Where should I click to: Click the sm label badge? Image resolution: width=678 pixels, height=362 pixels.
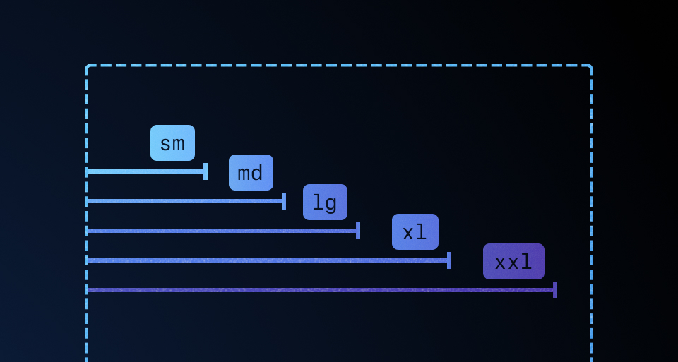tap(172, 143)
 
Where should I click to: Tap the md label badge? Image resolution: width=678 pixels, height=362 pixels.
tap(251, 173)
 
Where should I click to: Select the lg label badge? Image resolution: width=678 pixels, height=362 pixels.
tap(325, 203)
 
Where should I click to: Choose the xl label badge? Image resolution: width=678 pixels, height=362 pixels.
tap(415, 232)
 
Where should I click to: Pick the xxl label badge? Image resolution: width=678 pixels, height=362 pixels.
tap(513, 262)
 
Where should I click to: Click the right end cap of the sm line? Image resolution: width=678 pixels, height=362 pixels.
tap(206, 171)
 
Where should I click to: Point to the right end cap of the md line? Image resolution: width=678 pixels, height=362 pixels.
tap(284, 201)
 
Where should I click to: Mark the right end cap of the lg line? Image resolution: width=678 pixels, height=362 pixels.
tap(358, 231)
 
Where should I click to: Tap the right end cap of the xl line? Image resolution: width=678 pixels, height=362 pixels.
tap(449, 260)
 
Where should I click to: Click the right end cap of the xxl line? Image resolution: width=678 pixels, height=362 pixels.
tap(555, 290)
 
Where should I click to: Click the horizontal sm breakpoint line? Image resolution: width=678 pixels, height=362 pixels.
tap(145, 171)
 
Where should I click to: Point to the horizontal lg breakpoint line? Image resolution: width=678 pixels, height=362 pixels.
tap(222, 231)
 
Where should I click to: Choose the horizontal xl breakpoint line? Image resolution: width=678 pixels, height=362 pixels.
tap(268, 260)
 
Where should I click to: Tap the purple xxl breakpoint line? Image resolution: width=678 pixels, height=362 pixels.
tap(321, 290)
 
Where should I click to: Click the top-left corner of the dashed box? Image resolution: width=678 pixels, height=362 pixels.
tap(87, 66)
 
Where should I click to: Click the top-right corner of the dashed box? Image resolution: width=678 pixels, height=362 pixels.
tap(590, 66)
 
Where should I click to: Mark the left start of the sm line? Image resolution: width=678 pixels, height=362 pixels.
tap(87, 171)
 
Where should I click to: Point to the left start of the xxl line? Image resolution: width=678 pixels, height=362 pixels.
tap(87, 290)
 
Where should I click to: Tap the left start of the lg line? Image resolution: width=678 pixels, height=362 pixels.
tap(87, 231)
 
